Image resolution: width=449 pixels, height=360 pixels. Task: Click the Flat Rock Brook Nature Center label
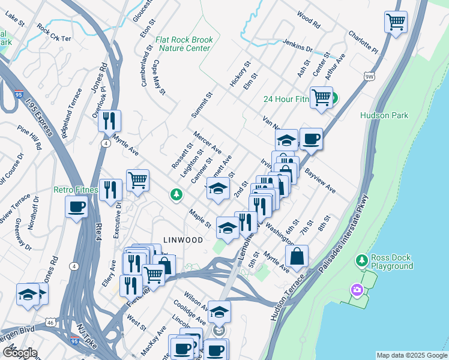click(x=184, y=44)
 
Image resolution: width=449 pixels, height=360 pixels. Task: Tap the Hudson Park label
click(x=384, y=115)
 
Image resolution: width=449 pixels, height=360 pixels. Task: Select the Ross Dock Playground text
click(x=392, y=262)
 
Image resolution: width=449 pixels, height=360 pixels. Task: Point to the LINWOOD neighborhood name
click(x=182, y=240)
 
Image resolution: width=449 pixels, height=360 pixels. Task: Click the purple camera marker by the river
click(x=357, y=290)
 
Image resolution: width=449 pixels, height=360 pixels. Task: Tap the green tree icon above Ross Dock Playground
click(x=361, y=260)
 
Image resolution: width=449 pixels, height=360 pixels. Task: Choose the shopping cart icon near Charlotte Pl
click(x=396, y=22)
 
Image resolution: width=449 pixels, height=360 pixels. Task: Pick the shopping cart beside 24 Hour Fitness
click(x=322, y=97)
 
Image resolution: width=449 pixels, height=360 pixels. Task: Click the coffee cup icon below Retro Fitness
click(x=77, y=208)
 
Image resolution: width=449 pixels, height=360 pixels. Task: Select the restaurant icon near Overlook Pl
click(x=109, y=121)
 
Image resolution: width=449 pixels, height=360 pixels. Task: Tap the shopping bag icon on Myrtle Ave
click(x=297, y=256)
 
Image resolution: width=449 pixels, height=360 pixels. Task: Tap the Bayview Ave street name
click(x=319, y=179)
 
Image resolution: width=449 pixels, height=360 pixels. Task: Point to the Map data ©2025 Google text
click(x=411, y=355)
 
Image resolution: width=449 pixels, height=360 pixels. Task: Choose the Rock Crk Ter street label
click(x=53, y=32)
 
